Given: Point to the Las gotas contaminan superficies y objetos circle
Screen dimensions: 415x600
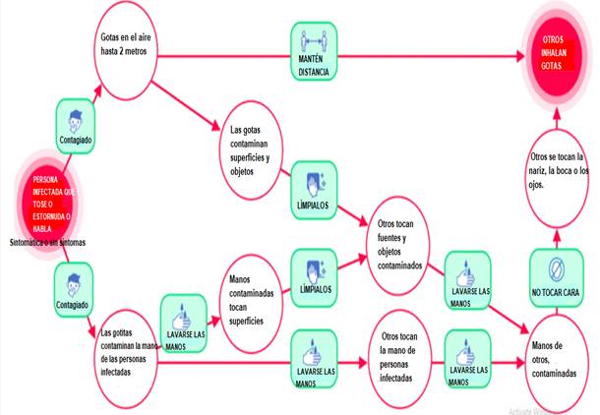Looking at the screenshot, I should pyautogui.click(x=253, y=148).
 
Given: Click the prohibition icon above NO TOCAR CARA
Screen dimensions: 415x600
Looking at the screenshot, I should pyautogui.click(x=556, y=267).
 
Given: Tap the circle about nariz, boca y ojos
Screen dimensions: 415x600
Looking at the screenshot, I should pyautogui.click(x=557, y=173).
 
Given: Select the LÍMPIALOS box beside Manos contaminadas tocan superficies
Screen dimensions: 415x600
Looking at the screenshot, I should pyautogui.click(x=317, y=276).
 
